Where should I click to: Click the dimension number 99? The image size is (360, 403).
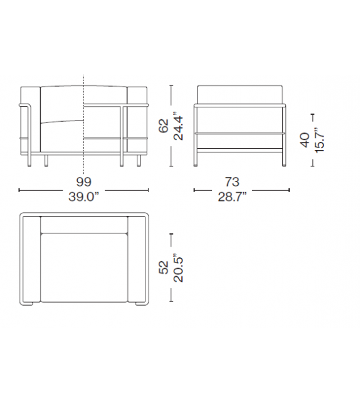pyautogui.click(x=83, y=181)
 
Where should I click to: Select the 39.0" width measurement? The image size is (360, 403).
pyautogui.click(x=84, y=196)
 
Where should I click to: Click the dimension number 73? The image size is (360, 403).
pyautogui.click(x=232, y=182)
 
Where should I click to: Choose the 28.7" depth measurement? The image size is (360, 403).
pyautogui.click(x=232, y=196)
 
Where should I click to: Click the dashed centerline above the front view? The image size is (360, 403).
pyautogui.click(x=83, y=78)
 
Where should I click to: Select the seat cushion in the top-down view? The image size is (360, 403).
pyautogui.click(x=84, y=267)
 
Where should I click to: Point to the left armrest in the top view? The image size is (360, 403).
pyautogui.click(x=31, y=259)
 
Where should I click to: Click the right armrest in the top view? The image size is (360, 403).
pyautogui.click(x=137, y=259)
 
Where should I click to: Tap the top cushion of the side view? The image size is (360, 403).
pyautogui.click(x=241, y=94)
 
